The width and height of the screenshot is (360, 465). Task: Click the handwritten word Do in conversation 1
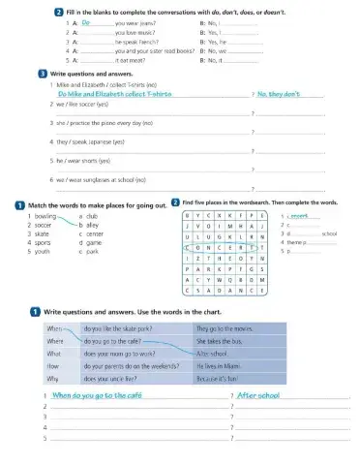tap(85, 20)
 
